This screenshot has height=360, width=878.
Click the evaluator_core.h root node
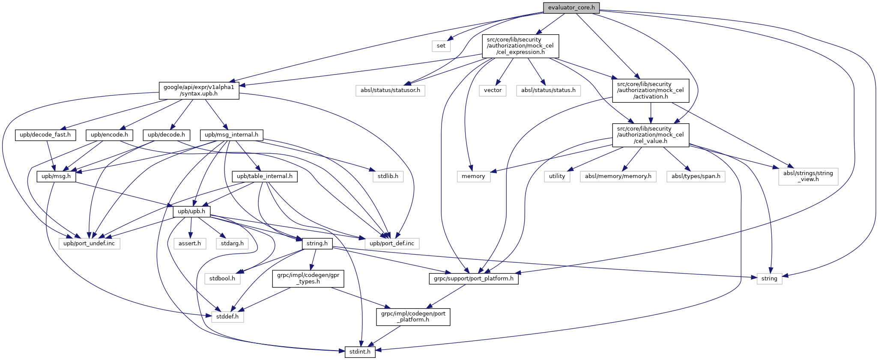(x=571, y=8)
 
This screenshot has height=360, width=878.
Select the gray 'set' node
(x=441, y=46)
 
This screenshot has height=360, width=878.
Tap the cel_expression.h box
(x=520, y=46)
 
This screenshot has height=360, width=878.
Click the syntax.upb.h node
(x=199, y=90)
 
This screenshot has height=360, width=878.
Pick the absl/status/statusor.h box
(x=390, y=90)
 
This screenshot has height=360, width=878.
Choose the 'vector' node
(x=493, y=90)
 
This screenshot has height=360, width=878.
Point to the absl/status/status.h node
(x=548, y=90)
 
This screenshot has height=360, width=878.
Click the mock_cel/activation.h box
(x=651, y=90)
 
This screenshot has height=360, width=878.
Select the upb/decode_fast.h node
(x=45, y=135)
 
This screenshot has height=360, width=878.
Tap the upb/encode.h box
(x=109, y=135)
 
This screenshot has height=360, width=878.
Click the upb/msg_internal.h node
(x=231, y=135)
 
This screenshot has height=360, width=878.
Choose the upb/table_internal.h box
(x=265, y=176)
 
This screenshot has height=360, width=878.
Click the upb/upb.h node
(x=191, y=211)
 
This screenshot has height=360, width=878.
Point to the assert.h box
(x=190, y=243)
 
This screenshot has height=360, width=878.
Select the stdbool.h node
(x=222, y=278)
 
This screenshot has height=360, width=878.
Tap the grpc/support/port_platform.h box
(x=474, y=278)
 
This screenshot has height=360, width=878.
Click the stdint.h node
(x=360, y=352)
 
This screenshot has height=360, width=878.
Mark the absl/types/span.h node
(x=696, y=176)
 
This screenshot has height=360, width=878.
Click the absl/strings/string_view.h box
(x=808, y=176)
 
